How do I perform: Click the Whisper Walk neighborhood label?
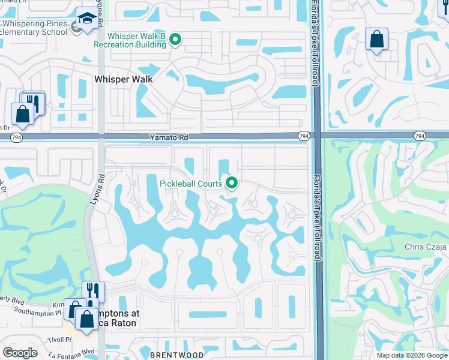[124, 79]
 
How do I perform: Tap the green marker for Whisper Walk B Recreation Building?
[175, 40]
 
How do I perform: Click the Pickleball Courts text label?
[190, 184]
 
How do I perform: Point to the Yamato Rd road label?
[169, 137]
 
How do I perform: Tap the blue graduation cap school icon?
[86, 19]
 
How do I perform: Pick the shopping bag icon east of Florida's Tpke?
[376, 40]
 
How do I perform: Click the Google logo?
[20, 353]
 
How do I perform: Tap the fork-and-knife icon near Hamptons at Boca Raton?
[93, 291]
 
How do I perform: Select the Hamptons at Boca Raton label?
[116, 318]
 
